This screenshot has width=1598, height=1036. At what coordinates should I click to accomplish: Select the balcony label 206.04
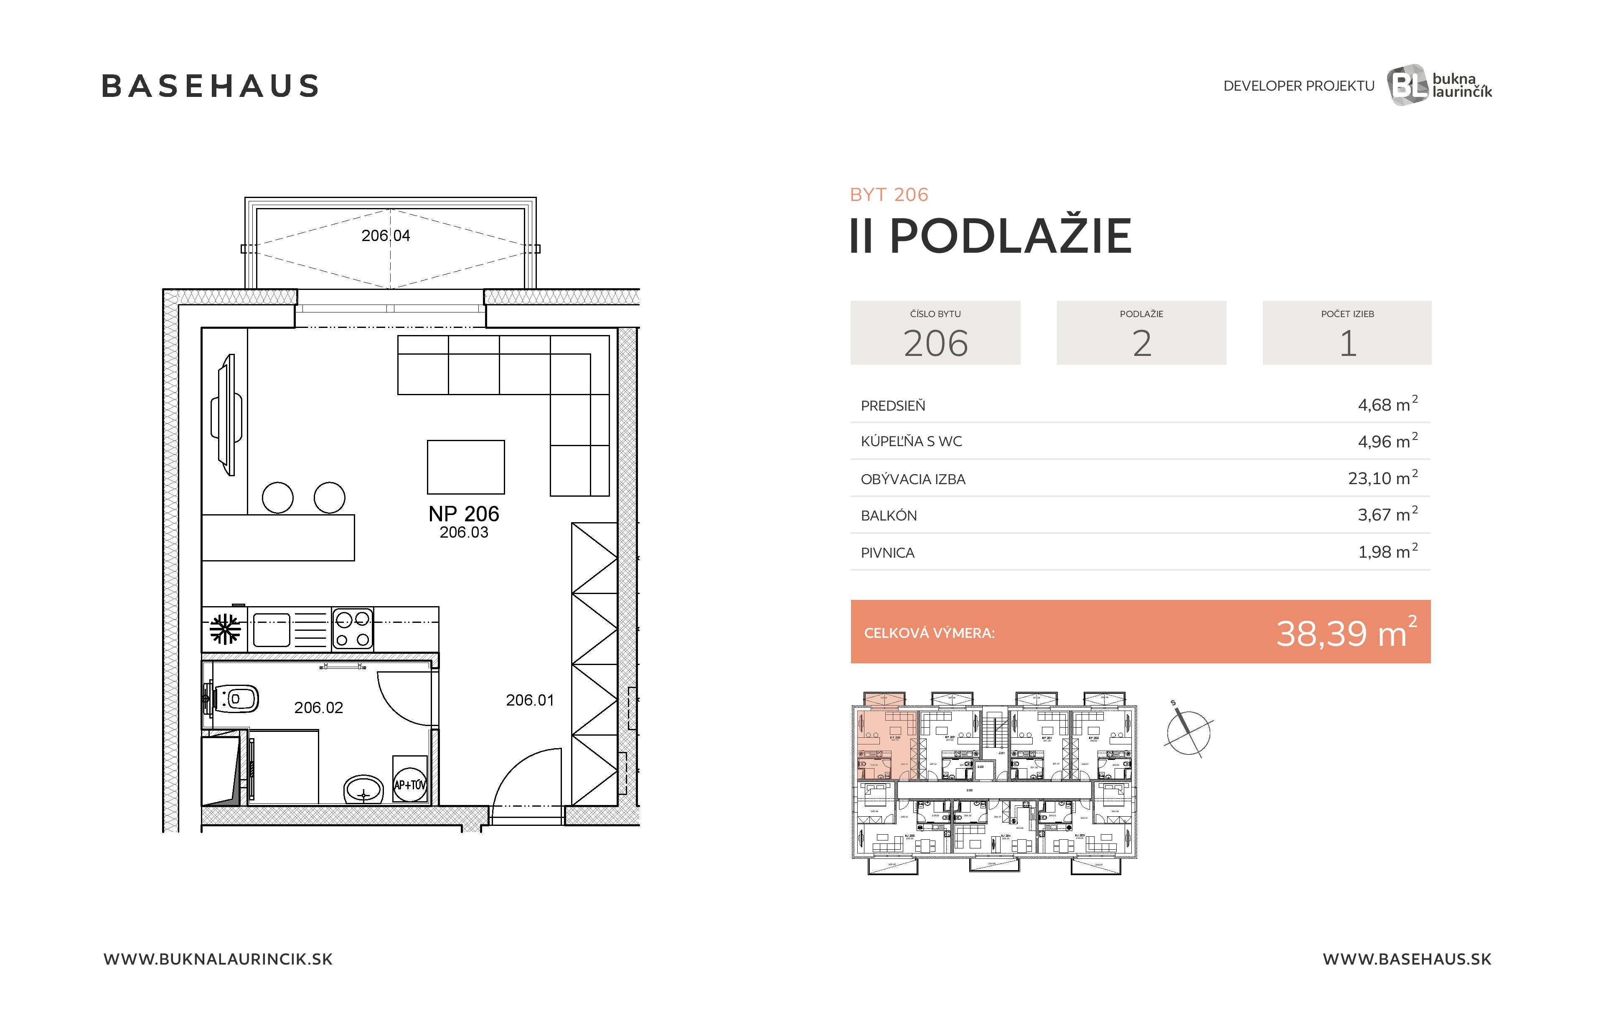point(385,236)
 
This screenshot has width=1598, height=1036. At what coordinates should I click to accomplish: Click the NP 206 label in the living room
point(463,514)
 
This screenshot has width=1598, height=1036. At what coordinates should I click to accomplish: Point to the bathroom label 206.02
point(318,708)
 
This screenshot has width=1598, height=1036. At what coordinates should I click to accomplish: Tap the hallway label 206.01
point(530,700)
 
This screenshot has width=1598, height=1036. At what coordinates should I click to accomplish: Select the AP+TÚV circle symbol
point(409,784)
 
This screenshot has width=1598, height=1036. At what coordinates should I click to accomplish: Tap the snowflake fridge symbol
point(225,629)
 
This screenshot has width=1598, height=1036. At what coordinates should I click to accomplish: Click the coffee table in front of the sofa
point(465,467)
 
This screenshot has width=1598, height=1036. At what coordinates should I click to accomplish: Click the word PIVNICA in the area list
point(887,553)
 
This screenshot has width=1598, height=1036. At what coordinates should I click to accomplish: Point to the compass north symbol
point(1188,730)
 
